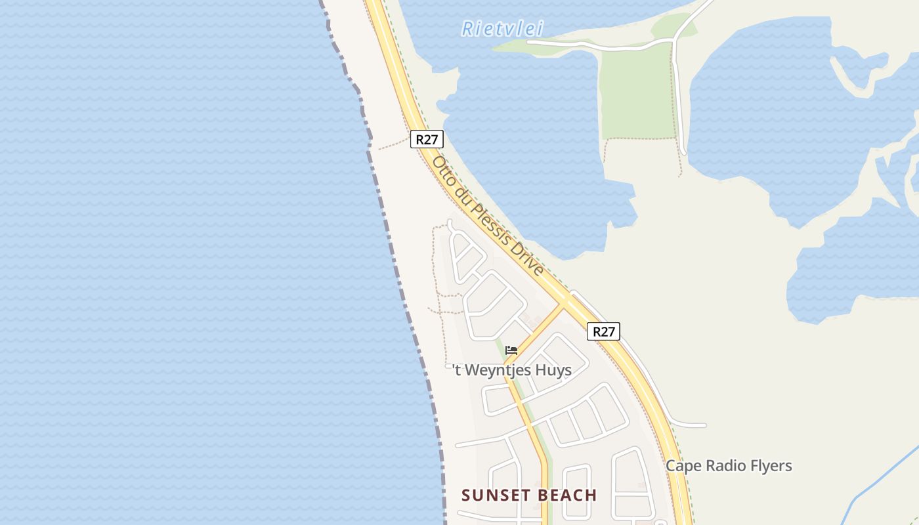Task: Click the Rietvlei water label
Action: pyautogui.click(x=502, y=28)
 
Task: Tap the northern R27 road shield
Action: pyautogui.click(x=427, y=139)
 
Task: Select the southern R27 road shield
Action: pyautogui.click(x=603, y=331)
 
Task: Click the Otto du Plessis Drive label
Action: pyautogui.click(x=488, y=216)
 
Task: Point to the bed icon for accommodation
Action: pyautogui.click(x=511, y=350)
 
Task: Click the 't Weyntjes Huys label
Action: pyautogui.click(x=513, y=370)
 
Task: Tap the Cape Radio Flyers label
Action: pyautogui.click(x=729, y=466)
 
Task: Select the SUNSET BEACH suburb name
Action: pyautogui.click(x=529, y=495)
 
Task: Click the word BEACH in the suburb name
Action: pyautogui.click(x=568, y=495)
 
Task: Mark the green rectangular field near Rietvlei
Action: pyautogui.click(x=637, y=92)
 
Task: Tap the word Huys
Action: pyautogui.click(x=553, y=370)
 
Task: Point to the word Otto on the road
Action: pyautogui.click(x=444, y=170)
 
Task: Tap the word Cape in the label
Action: pyautogui.click(x=681, y=466)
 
